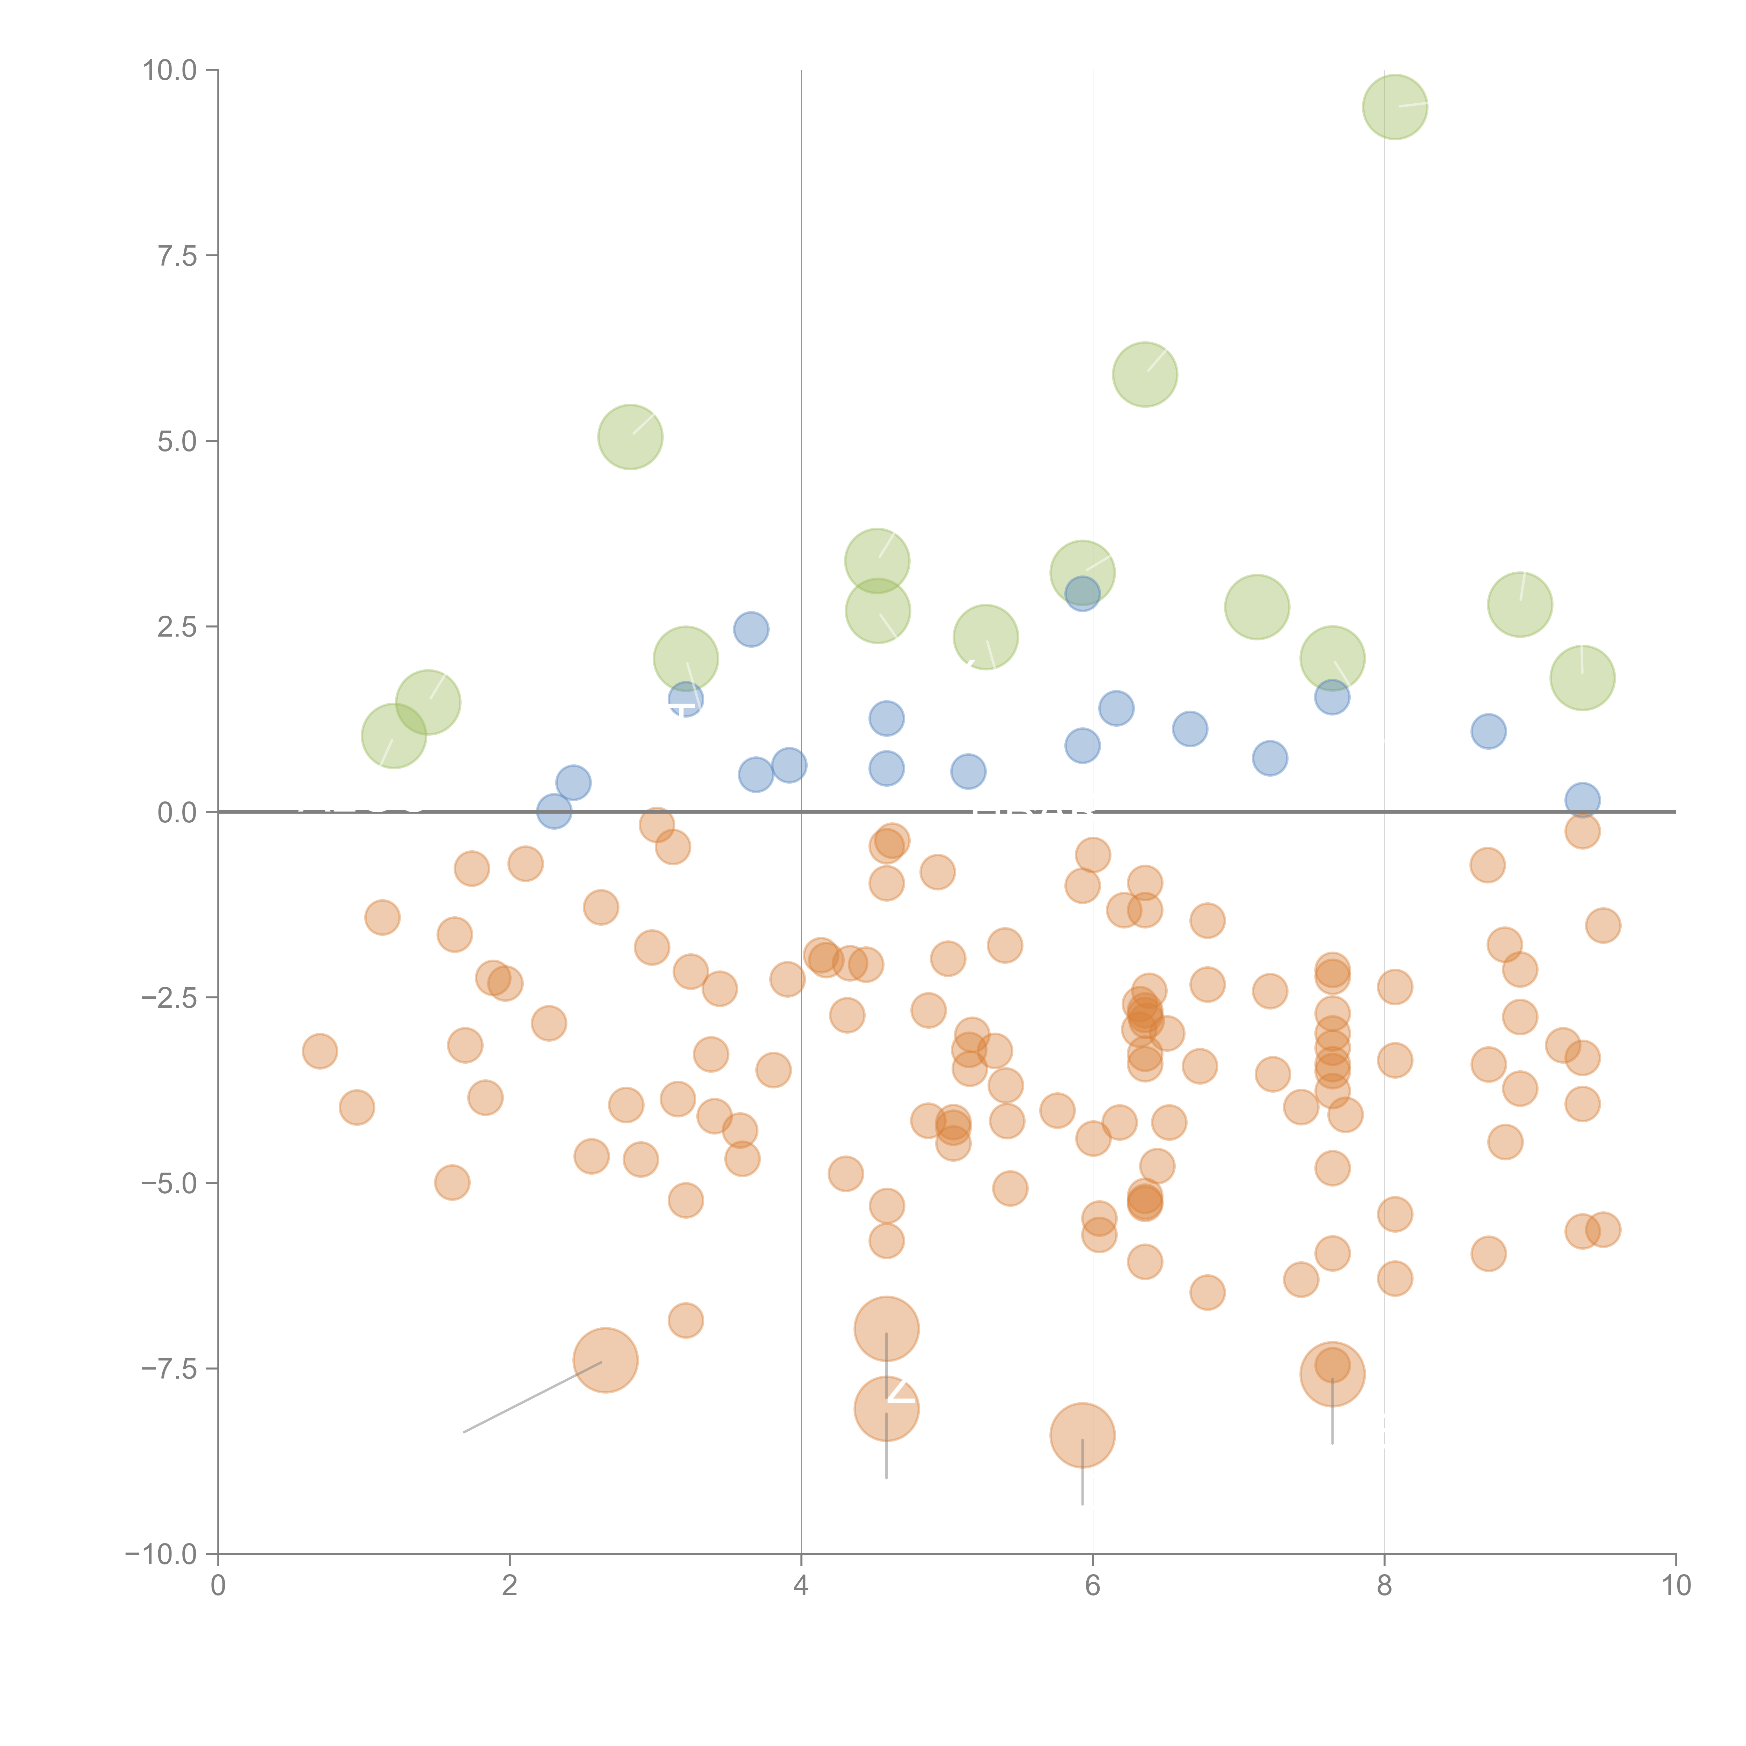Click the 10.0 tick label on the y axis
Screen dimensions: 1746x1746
point(170,71)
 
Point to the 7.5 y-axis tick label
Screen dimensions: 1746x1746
point(177,256)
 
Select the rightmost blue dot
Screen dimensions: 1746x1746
point(1583,800)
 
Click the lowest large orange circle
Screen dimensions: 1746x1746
point(1083,1435)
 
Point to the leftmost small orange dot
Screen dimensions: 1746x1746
point(320,1051)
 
